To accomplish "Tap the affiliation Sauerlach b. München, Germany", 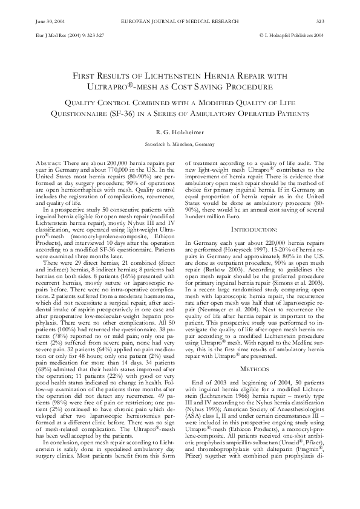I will click(x=180, y=144).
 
